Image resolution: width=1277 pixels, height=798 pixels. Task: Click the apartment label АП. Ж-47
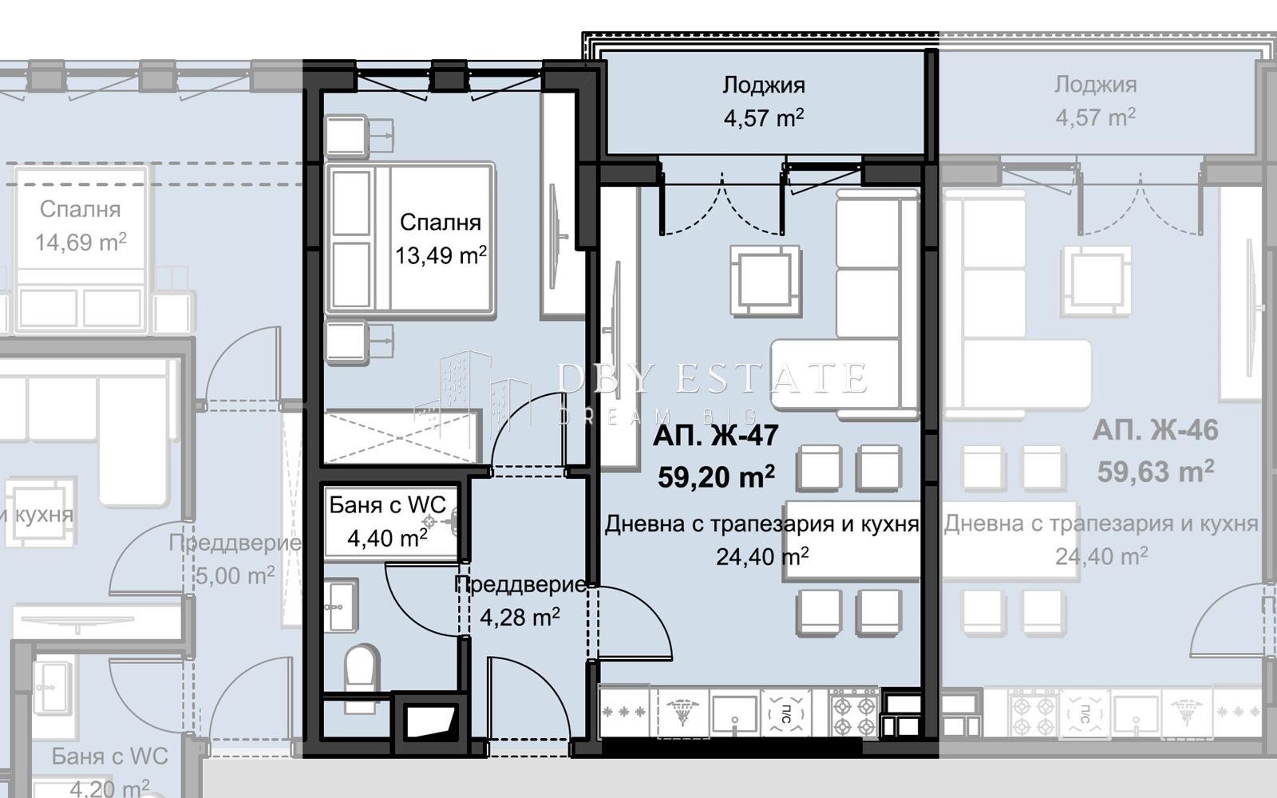coord(715,437)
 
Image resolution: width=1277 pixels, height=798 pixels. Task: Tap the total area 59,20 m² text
coord(715,477)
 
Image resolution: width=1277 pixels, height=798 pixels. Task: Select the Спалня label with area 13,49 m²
coord(440,223)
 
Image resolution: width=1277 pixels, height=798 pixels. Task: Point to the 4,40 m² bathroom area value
coord(387,539)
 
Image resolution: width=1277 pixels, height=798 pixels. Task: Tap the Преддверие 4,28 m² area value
coord(520,617)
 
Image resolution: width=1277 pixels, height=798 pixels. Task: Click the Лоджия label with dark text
coord(764,85)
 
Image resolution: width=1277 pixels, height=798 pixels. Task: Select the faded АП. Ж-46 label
coord(1155,431)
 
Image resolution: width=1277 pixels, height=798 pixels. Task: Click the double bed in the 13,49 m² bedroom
coord(409,238)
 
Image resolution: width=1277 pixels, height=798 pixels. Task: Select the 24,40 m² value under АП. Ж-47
coord(762,556)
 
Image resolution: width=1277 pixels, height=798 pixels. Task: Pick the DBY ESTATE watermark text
coord(710,377)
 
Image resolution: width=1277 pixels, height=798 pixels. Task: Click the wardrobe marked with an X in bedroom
coord(403,437)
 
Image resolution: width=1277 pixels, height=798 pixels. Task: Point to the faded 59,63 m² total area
coord(1155,472)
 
